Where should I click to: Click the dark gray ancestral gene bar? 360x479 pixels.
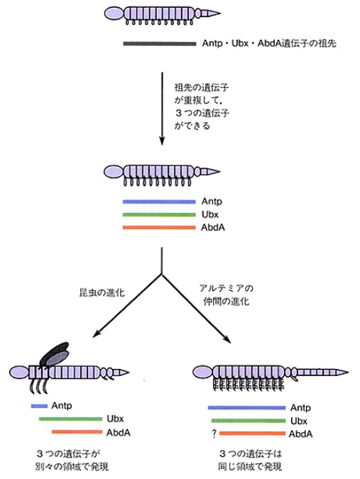click(160, 44)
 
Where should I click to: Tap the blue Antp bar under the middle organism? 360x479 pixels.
click(159, 202)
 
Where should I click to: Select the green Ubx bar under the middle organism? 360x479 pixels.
click(159, 214)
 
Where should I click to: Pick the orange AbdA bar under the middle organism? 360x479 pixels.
click(159, 228)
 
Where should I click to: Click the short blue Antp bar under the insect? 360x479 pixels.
click(39, 406)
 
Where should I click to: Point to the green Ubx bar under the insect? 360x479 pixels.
click(70, 419)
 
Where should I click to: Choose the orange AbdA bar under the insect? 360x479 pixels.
click(77, 432)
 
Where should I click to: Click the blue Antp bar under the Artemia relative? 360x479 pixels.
click(246, 407)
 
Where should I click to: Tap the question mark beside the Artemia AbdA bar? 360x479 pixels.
click(214, 434)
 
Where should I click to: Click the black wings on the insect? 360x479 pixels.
click(55, 354)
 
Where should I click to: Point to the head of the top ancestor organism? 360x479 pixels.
click(114, 13)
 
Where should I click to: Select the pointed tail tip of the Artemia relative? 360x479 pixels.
click(348, 372)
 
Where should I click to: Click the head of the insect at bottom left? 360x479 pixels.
click(19, 373)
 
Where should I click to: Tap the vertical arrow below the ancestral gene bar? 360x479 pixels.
click(162, 109)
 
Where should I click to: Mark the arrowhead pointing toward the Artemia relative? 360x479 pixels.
click(227, 339)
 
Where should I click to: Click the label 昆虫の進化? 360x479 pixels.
click(102, 292)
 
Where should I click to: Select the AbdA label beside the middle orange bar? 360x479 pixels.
click(213, 228)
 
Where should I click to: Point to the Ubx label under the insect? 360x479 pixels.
click(115, 419)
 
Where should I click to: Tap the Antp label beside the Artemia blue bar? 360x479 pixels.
click(301, 407)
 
